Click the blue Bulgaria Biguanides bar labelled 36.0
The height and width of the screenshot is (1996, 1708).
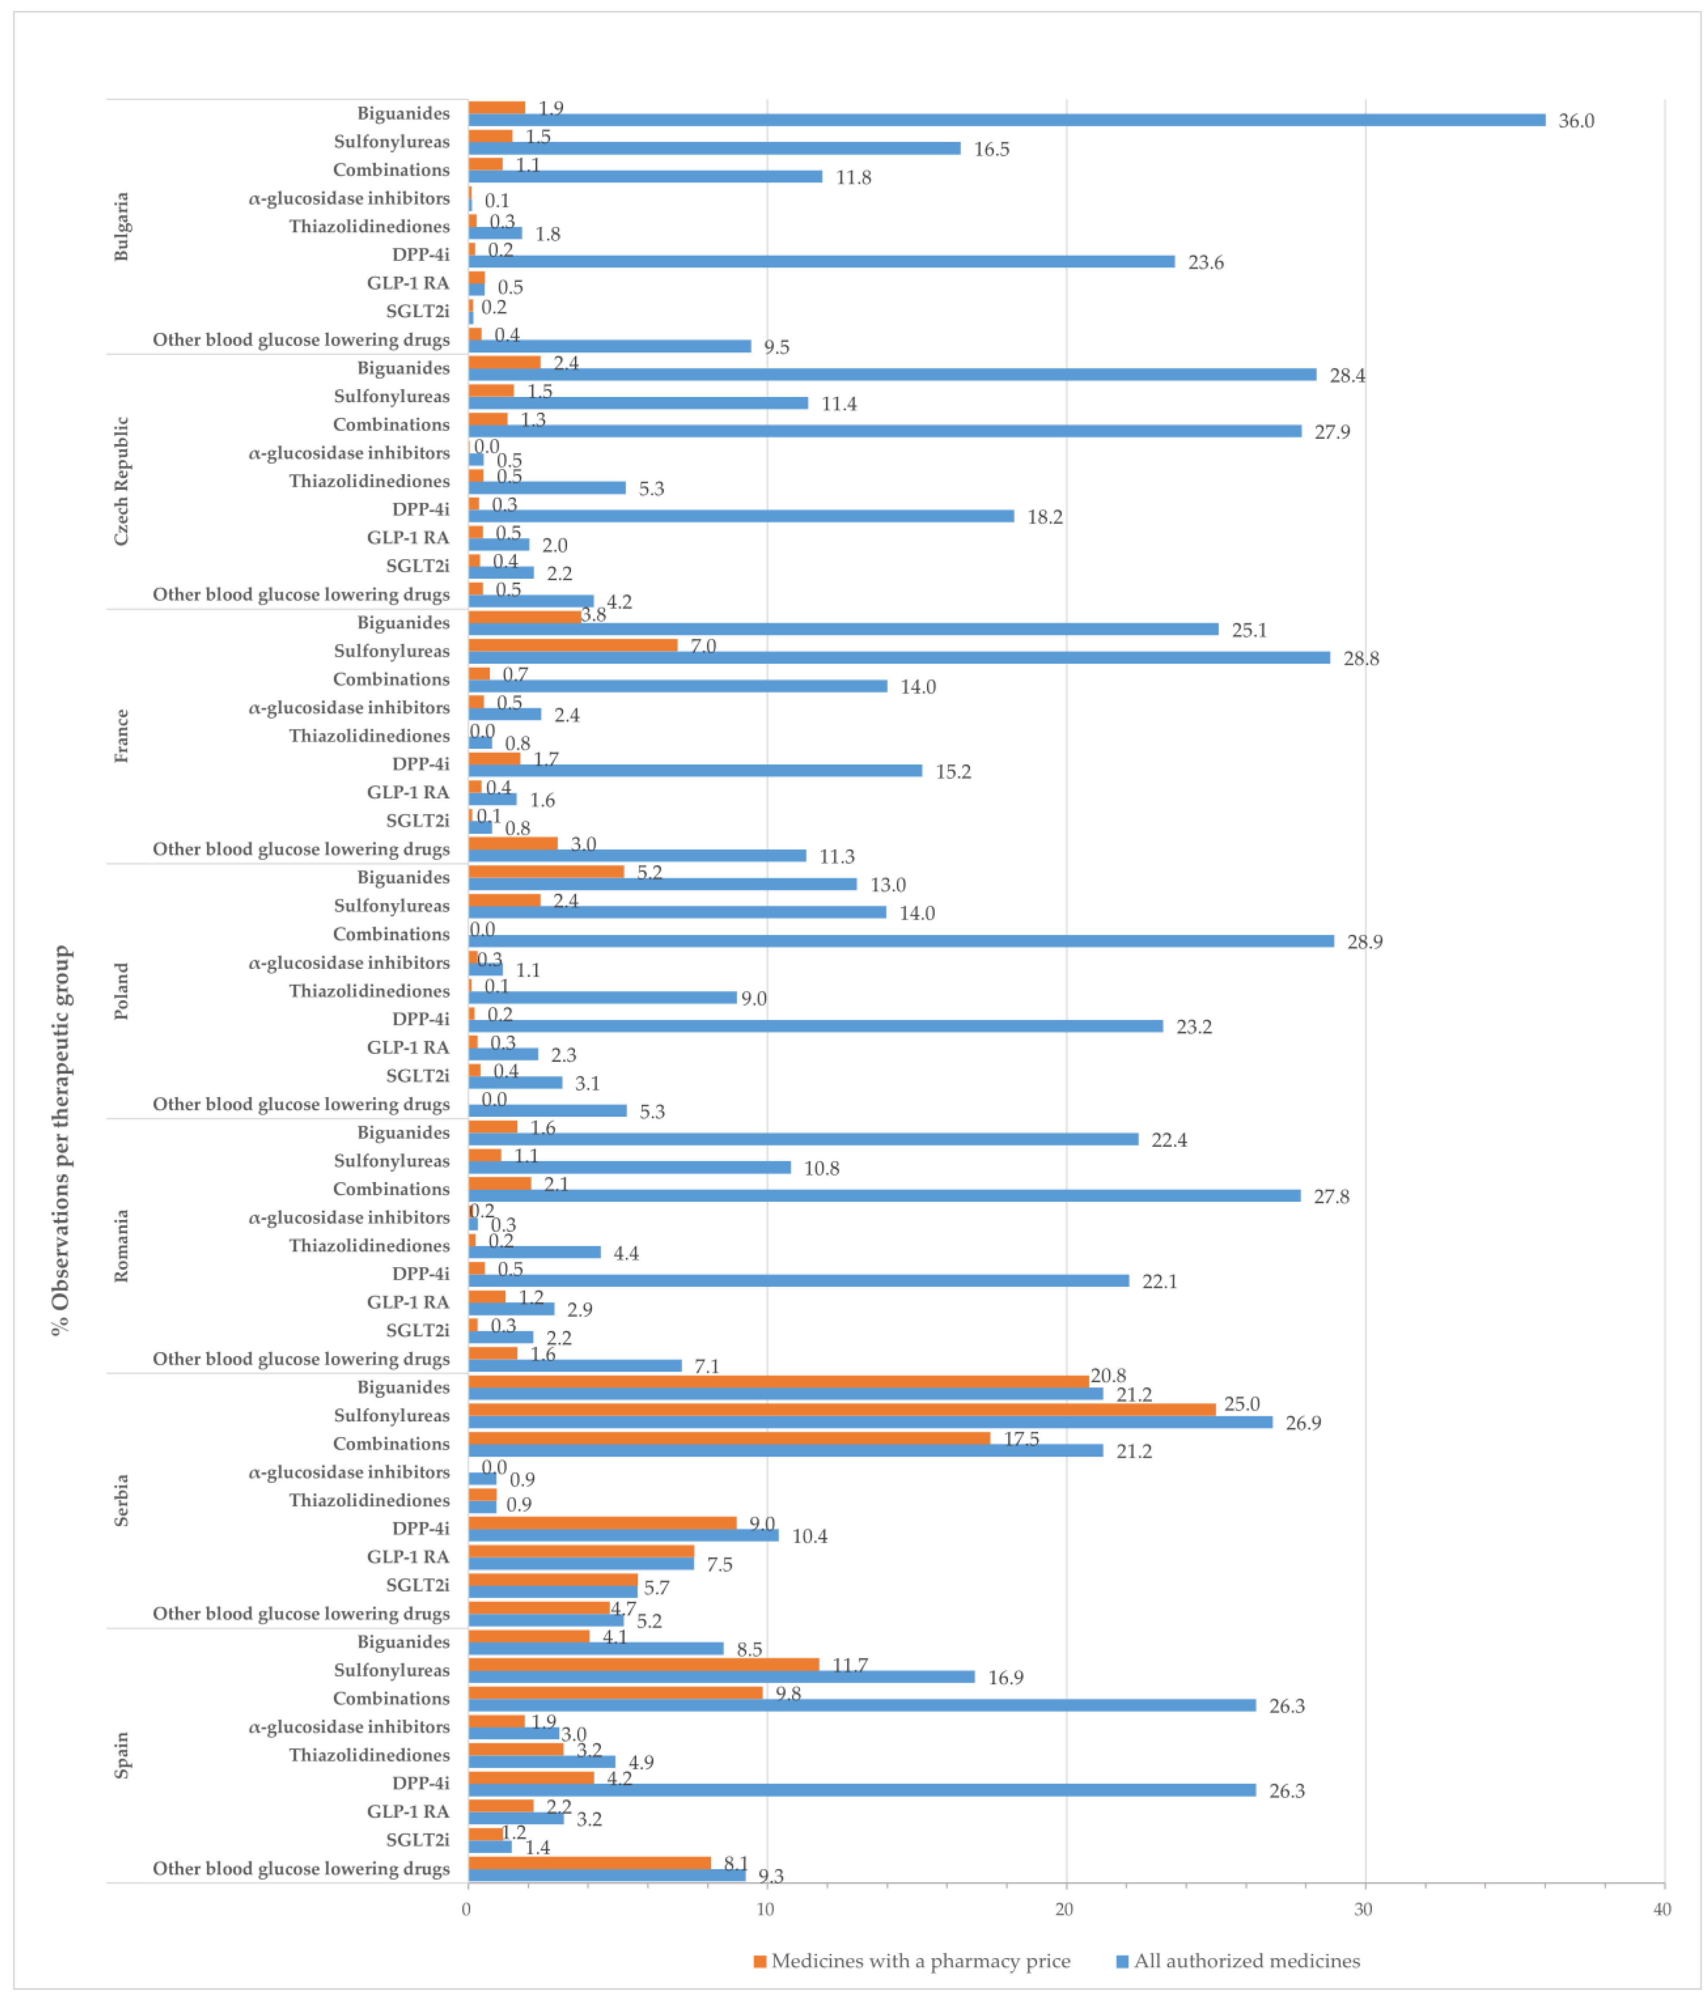1007,120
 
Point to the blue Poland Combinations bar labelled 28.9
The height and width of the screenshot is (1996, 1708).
901,941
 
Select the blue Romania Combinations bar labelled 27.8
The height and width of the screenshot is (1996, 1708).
884,1196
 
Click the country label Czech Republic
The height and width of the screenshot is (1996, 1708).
122,481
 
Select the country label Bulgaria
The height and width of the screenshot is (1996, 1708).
122,227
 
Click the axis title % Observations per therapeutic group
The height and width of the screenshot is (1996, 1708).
61,1140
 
